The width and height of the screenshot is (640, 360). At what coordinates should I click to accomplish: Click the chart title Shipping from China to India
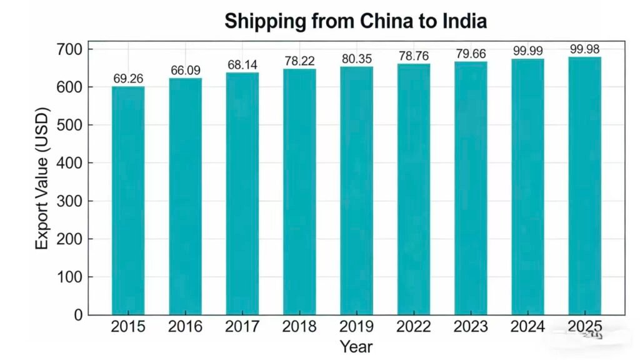[356, 21]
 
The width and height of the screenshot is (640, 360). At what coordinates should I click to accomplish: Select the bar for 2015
[128, 200]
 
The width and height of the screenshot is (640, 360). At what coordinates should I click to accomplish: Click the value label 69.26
[128, 79]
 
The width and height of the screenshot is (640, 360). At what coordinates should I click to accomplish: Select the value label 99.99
[527, 51]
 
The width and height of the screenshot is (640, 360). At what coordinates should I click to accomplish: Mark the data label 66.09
[186, 71]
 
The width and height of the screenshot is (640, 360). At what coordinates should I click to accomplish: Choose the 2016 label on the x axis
[186, 327]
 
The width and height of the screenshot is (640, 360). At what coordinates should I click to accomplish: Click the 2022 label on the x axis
[413, 327]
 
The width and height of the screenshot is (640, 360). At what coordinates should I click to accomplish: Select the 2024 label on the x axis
[527, 327]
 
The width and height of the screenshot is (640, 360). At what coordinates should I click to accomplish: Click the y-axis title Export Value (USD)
[42, 181]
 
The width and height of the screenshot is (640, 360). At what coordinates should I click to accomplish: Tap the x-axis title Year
[356, 346]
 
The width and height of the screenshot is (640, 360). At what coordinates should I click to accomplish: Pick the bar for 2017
[242, 194]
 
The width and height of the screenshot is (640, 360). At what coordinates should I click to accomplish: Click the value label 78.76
[413, 56]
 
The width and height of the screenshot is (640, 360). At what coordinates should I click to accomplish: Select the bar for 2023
[471, 188]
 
